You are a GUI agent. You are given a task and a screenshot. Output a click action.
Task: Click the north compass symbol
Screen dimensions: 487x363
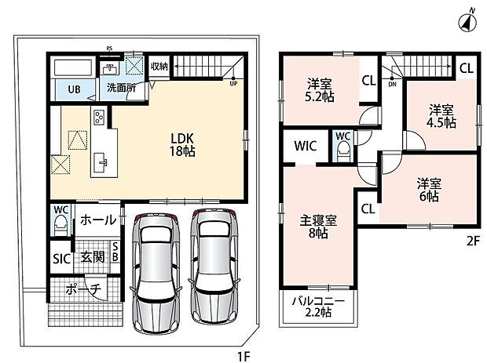pos(468,22)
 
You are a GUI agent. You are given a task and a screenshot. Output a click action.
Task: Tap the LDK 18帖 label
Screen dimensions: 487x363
pos(182,144)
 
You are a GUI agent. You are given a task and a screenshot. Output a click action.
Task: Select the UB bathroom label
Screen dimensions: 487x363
pos(75,89)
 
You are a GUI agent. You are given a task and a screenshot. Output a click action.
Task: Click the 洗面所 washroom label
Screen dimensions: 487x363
pos(122,88)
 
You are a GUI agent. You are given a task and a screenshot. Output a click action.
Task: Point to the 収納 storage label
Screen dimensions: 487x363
pos(159,66)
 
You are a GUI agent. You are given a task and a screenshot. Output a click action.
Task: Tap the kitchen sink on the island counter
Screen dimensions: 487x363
pos(101,162)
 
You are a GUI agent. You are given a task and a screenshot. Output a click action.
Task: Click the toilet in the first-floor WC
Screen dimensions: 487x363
pos(60,224)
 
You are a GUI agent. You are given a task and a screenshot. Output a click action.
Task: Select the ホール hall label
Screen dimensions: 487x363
pos(98,220)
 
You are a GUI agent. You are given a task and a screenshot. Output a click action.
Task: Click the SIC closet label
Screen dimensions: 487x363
pos(62,259)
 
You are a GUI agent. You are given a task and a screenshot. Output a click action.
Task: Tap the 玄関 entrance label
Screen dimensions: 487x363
pos(92,257)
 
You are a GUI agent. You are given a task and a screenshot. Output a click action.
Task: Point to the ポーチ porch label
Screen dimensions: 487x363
pos(83,289)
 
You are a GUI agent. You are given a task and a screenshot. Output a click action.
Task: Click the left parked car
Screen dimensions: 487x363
pos(156,273)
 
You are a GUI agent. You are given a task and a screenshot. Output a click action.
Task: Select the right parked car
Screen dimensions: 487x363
pos(214,267)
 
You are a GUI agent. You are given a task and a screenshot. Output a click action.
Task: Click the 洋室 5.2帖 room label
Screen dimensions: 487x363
pos(320,90)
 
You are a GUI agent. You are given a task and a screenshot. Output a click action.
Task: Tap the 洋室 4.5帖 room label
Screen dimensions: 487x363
pos(441,116)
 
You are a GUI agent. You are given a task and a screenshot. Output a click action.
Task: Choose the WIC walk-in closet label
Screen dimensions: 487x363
pos(306,146)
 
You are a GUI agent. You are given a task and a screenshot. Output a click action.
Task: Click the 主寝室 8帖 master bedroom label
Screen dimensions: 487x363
pos(318,227)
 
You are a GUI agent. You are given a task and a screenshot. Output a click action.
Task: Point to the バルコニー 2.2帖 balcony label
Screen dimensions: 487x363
pos(318,307)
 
